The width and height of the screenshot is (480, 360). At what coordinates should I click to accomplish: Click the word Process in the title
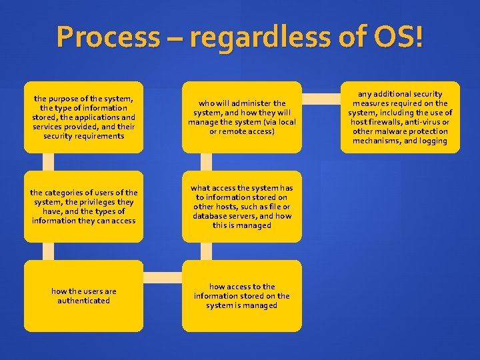point(107,37)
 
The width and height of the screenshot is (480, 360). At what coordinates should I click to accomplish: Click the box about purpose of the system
point(83,117)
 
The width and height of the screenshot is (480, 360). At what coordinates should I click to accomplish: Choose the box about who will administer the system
point(241,117)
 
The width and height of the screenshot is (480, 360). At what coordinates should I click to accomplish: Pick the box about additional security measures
point(400,117)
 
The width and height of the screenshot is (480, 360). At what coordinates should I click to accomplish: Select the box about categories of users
point(83,207)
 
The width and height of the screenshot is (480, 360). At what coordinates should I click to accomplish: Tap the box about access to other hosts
point(241,207)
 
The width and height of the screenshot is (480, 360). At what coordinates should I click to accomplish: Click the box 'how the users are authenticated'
point(83,295)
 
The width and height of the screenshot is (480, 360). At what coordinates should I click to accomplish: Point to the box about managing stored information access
point(241,295)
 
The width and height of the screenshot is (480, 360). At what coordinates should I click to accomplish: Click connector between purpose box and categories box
point(48,162)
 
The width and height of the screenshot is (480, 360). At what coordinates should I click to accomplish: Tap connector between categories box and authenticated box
point(48,251)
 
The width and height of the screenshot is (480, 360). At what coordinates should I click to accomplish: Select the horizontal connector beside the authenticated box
point(163,277)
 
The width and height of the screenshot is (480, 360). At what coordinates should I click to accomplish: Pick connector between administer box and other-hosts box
point(206,162)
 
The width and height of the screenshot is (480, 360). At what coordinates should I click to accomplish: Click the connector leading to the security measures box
point(321,99)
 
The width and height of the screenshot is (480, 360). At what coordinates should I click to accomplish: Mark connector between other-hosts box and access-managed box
point(206,251)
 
